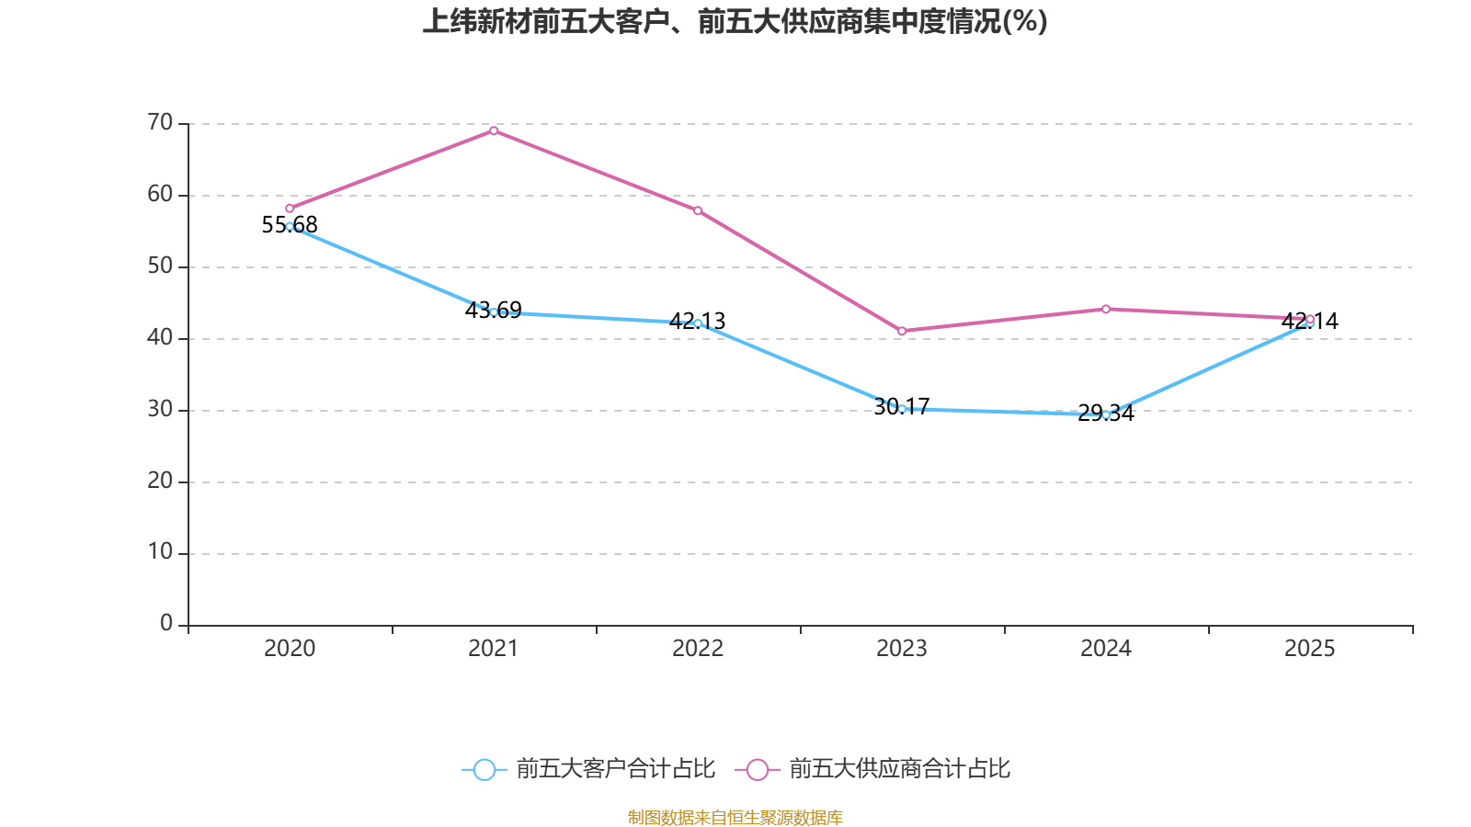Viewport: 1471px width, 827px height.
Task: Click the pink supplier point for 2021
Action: click(494, 130)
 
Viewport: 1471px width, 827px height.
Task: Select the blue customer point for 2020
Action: click(290, 226)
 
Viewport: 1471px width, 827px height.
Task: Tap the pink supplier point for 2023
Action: click(902, 331)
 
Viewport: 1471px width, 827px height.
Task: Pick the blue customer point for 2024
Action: click(1106, 414)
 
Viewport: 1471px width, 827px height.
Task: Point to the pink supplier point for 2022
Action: click(698, 211)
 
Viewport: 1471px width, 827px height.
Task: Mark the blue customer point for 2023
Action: click(902, 409)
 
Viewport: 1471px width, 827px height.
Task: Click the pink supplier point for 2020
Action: click(290, 209)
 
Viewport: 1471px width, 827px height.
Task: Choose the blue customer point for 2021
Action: click(494, 312)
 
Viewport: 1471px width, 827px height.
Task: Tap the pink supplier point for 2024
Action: click(1106, 309)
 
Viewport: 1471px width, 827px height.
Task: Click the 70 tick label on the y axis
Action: click(160, 122)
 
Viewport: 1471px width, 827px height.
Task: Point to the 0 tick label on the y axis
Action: click(166, 624)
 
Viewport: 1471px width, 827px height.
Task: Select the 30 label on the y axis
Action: click(160, 409)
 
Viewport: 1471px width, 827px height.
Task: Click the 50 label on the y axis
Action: click(160, 266)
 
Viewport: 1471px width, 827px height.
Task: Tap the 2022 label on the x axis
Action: click(698, 649)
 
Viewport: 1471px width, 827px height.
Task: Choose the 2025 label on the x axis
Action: click(1309, 649)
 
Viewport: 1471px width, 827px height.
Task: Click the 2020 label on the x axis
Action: click(290, 649)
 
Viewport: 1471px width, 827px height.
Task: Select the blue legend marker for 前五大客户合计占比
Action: click(484, 769)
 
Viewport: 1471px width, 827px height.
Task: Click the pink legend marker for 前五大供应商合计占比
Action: click(758, 769)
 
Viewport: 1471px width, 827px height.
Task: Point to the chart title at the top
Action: click(735, 21)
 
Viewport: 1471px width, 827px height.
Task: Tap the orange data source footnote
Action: click(735, 817)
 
